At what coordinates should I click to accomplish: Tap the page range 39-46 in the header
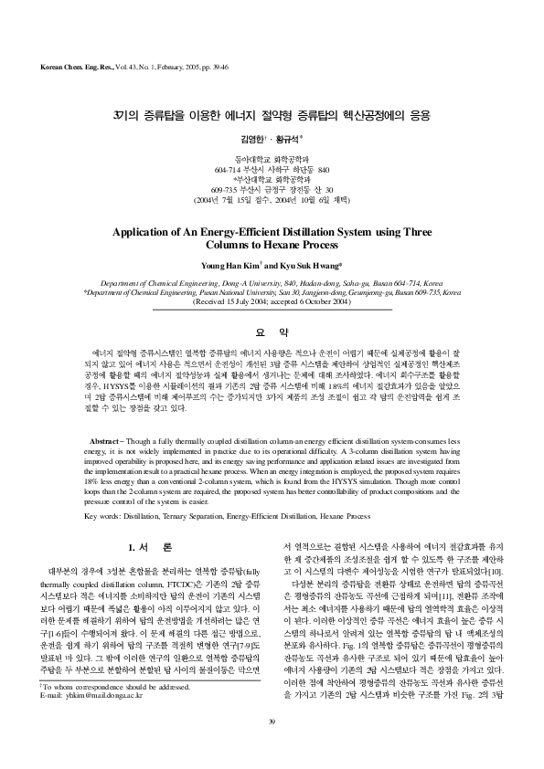coord(217,68)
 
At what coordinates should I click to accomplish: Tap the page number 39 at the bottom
coord(272,748)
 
